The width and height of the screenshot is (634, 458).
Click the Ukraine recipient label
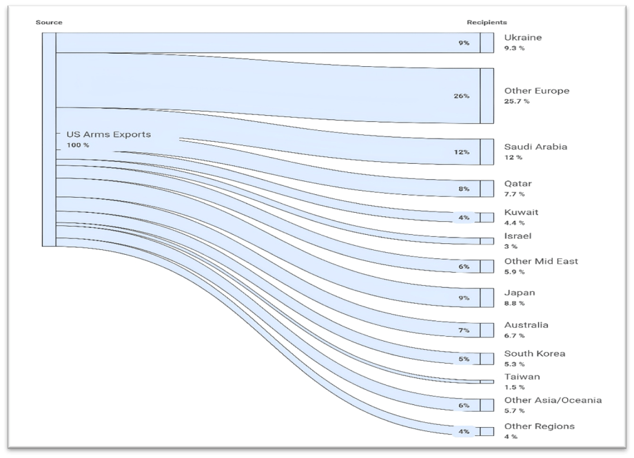tap(522, 37)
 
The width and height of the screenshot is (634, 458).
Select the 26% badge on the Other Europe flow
tap(461, 96)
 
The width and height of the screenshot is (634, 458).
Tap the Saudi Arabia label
tap(535, 147)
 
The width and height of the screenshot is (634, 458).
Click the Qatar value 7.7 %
tap(514, 195)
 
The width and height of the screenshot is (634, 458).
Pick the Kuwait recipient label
tap(521, 212)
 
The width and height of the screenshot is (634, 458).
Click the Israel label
tap(518, 236)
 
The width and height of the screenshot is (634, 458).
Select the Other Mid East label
tap(541, 261)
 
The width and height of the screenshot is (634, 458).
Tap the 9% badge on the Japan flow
tap(464, 298)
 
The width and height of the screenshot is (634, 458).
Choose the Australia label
tap(526, 325)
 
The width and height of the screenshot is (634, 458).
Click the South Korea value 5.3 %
tap(514, 364)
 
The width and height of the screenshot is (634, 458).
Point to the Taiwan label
tap(522, 377)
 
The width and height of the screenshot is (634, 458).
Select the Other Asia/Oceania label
tap(553, 400)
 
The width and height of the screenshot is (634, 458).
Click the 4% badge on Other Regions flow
tap(464, 432)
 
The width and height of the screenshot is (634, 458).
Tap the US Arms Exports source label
tap(108, 134)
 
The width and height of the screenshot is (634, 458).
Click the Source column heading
tap(49, 23)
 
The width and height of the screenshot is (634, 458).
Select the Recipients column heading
tap(487, 23)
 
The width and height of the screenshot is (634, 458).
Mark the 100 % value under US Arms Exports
tap(78, 145)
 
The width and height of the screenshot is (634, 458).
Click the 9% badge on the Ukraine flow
tap(464, 43)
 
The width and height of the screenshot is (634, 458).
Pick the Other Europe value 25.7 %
tap(517, 101)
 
